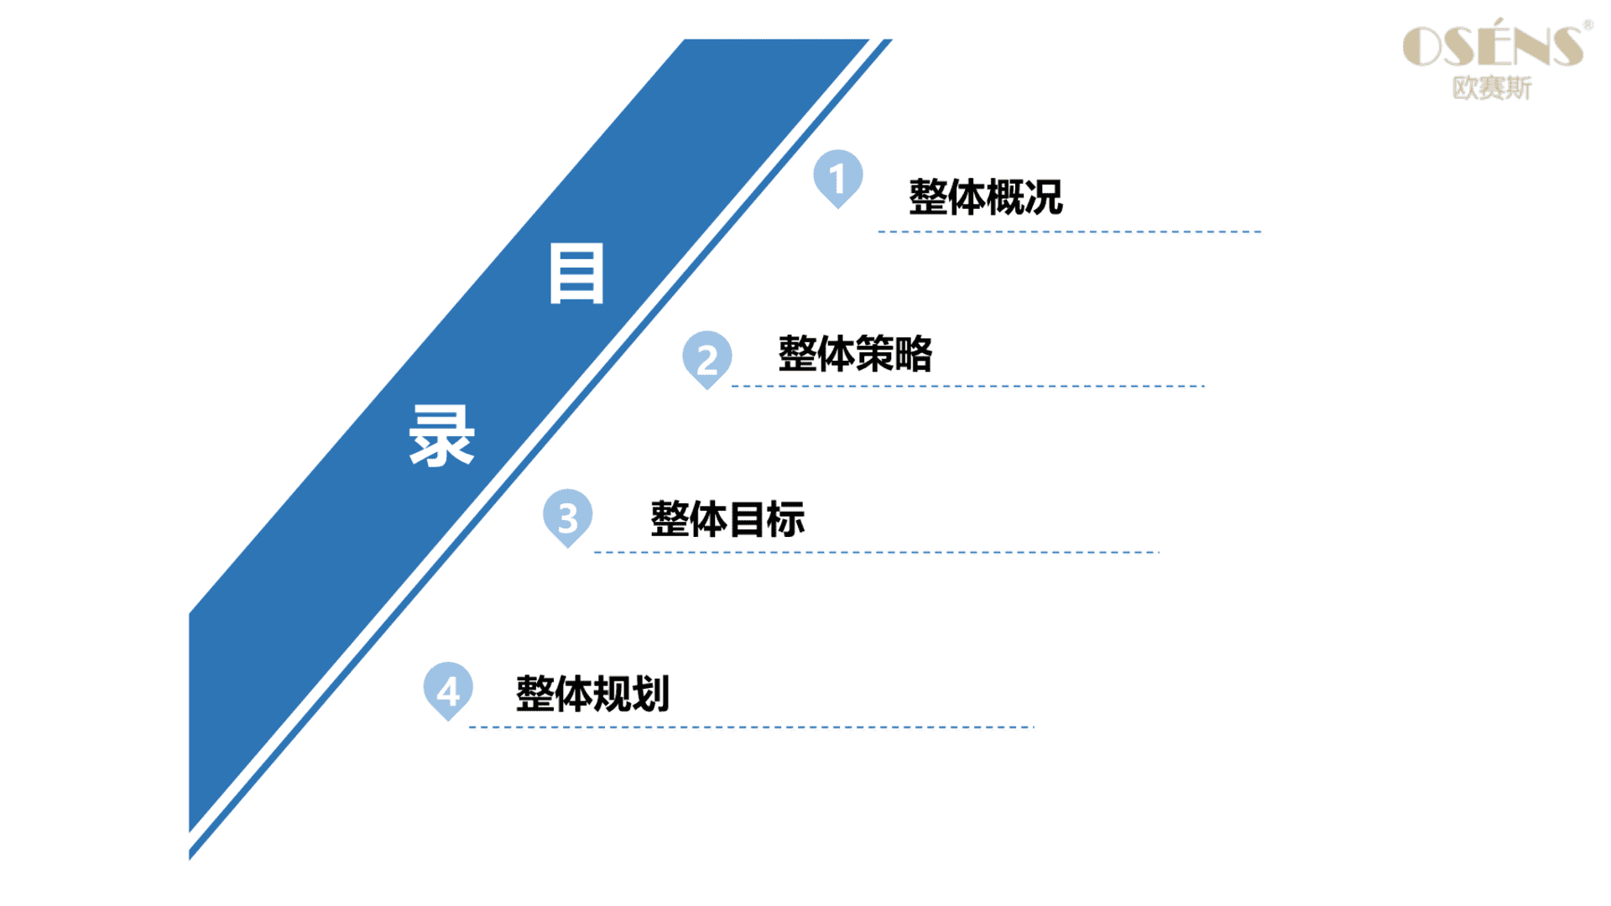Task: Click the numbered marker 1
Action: (837, 178)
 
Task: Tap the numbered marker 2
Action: (706, 359)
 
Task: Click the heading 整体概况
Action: (986, 197)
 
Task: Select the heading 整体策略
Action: (855, 353)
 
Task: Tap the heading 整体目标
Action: (727, 518)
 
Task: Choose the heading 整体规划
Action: (592, 694)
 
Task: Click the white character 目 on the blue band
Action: (576, 273)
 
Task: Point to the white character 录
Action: (441, 435)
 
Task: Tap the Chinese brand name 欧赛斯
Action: (1492, 87)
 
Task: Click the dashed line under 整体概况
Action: (1070, 232)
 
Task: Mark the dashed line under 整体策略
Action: (968, 386)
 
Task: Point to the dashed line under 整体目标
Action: (876, 552)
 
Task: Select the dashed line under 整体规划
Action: (751, 726)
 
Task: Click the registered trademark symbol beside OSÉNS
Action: (1588, 25)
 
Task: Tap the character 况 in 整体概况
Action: (1044, 197)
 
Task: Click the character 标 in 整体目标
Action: (786, 518)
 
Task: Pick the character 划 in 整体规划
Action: (651, 694)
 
